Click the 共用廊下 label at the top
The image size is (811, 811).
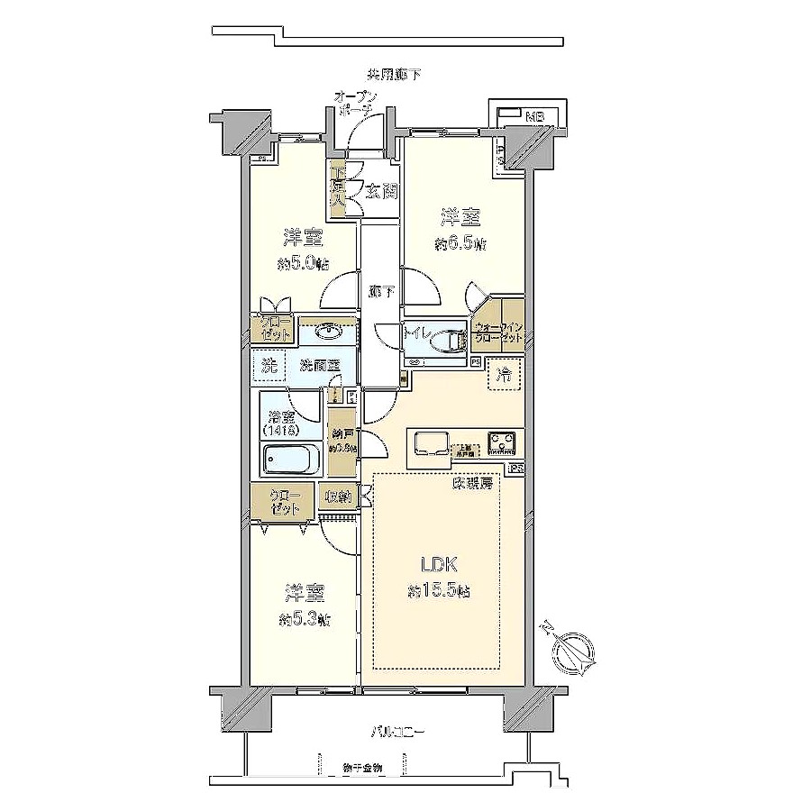click(x=393, y=74)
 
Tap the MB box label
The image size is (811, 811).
click(x=535, y=115)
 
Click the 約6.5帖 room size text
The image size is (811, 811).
click(x=460, y=243)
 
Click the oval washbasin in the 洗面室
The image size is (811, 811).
click(x=328, y=333)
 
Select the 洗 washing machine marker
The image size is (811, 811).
click(x=269, y=365)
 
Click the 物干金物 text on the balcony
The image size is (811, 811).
click(x=363, y=768)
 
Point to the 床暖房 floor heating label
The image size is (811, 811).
click(x=473, y=484)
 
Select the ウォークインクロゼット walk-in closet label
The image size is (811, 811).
click(x=497, y=333)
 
